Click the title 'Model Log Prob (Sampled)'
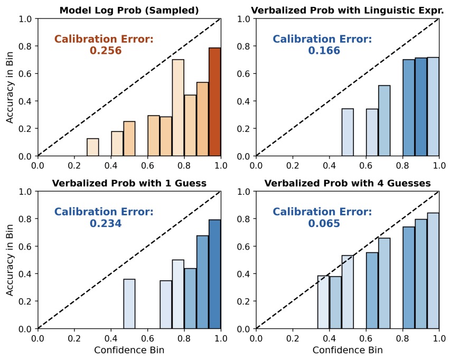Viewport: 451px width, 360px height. click(129, 10)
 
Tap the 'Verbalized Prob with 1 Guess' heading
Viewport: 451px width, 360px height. click(129, 183)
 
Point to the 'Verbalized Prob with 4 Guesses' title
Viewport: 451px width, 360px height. click(347, 183)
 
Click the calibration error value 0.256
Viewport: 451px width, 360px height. click(106, 51)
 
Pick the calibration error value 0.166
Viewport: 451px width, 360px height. click(324, 51)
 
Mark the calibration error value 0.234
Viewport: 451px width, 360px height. click(106, 224)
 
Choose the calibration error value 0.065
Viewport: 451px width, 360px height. click(324, 224)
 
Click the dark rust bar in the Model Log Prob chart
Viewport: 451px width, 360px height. click(215, 102)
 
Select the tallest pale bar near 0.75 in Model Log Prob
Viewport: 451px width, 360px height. click(178, 108)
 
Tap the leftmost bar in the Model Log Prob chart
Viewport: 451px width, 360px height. click(93, 147)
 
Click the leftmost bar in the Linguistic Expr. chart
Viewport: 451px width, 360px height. click(347, 132)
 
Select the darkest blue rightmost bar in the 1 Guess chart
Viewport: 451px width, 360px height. click(215, 274)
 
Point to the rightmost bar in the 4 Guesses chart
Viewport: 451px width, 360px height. click(433, 271)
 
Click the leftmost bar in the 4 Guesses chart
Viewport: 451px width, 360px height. click(323, 302)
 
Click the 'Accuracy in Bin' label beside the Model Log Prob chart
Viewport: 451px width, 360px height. click(11, 87)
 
